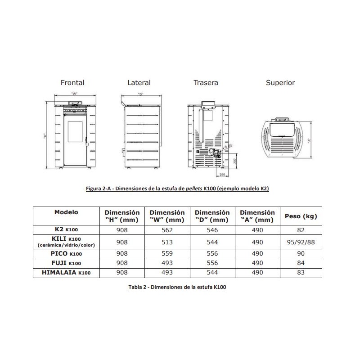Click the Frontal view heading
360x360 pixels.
pyautogui.click(x=72, y=83)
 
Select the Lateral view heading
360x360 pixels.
pyautogui.click(x=139, y=83)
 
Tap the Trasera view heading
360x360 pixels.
pyautogui.click(x=206, y=83)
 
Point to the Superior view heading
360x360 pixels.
pyautogui.click(x=280, y=83)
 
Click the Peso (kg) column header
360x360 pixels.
pyautogui.click(x=301, y=216)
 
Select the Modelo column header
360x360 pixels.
pyautogui.click(x=66, y=212)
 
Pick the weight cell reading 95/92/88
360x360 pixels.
pyautogui.click(x=301, y=242)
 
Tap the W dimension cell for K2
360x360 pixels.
pyautogui.click(x=167, y=229)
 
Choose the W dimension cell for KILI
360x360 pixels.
pyautogui.click(x=167, y=242)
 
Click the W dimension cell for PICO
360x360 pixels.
pyautogui.click(x=167, y=254)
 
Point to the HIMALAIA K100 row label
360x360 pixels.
pyautogui.click(x=66, y=272)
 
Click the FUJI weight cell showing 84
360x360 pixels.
pyautogui.click(x=301, y=263)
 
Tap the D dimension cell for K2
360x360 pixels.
pyautogui.click(x=212, y=229)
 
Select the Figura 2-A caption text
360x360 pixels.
pyautogui.click(x=177, y=189)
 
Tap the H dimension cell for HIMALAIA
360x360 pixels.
pyautogui.click(x=122, y=272)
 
